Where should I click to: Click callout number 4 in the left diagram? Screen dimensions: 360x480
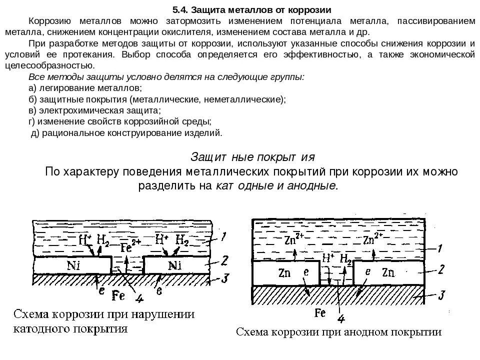tap(139, 298)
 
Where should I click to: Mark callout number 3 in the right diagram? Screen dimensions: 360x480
tap(441, 294)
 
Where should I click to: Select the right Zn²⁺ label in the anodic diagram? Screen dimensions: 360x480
tap(372, 238)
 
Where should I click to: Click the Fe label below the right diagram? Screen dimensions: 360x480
tap(320, 313)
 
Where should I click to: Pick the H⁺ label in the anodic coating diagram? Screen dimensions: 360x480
tap(328, 258)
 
